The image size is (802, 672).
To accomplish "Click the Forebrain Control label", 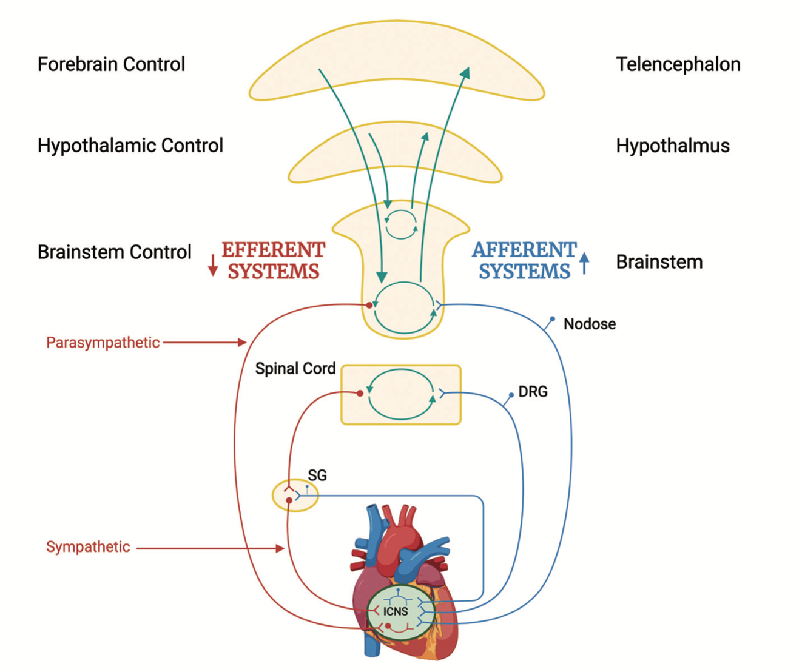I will point(111,64).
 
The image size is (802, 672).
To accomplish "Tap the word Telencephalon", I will point(678,64).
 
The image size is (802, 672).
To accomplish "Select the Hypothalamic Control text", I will point(130,146).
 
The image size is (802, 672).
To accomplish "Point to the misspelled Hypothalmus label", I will point(672,146).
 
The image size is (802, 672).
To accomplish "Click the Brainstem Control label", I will point(114,252).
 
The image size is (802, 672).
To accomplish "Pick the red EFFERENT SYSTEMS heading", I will point(273,260).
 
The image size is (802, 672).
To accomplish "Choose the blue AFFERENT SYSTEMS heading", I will point(524,260).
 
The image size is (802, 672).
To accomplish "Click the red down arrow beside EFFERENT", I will point(213,266).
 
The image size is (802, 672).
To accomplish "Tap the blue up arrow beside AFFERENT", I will point(584,263).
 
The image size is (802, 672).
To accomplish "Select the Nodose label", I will point(589,324).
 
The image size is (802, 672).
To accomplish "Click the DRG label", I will point(533,392).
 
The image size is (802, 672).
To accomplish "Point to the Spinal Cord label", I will point(295,369).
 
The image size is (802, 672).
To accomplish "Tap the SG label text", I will point(317,475).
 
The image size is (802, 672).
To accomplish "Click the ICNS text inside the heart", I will point(396,611).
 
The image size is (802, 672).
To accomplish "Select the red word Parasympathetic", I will point(103,343).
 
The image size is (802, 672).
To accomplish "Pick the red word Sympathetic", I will point(88,547).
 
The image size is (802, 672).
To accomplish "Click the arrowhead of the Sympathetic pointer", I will point(280,548).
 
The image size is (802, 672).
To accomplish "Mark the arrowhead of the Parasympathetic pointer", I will point(242,343).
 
